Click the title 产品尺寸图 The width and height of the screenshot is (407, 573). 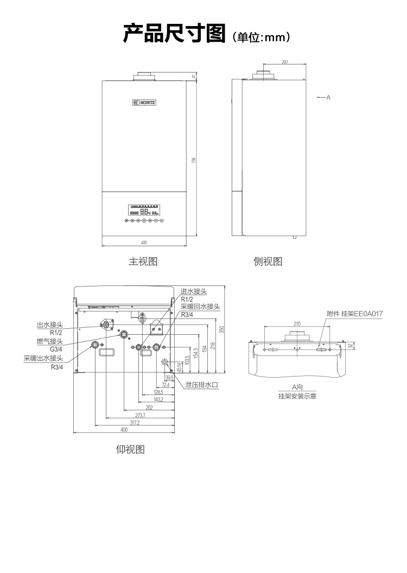click(x=174, y=34)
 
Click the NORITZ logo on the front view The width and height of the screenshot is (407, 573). click(x=144, y=101)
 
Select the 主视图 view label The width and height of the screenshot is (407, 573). click(x=143, y=262)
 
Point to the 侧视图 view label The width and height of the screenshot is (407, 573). click(x=268, y=262)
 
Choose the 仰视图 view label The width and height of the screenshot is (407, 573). click(x=130, y=449)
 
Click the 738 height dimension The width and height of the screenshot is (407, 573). click(x=194, y=160)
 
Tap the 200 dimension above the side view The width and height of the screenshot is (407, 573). click(x=285, y=62)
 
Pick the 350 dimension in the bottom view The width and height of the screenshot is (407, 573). click(x=221, y=329)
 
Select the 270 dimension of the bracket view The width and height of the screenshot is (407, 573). click(x=297, y=324)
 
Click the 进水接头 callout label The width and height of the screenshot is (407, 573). click(x=194, y=291)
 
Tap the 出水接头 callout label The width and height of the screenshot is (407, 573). click(x=49, y=325)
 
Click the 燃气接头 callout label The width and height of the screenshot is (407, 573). click(x=49, y=341)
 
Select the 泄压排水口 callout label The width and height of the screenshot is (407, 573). click(x=201, y=385)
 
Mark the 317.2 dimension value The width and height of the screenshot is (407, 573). click(x=135, y=422)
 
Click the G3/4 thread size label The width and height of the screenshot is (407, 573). click(x=56, y=349)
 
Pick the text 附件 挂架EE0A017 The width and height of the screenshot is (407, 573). click(x=355, y=314)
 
